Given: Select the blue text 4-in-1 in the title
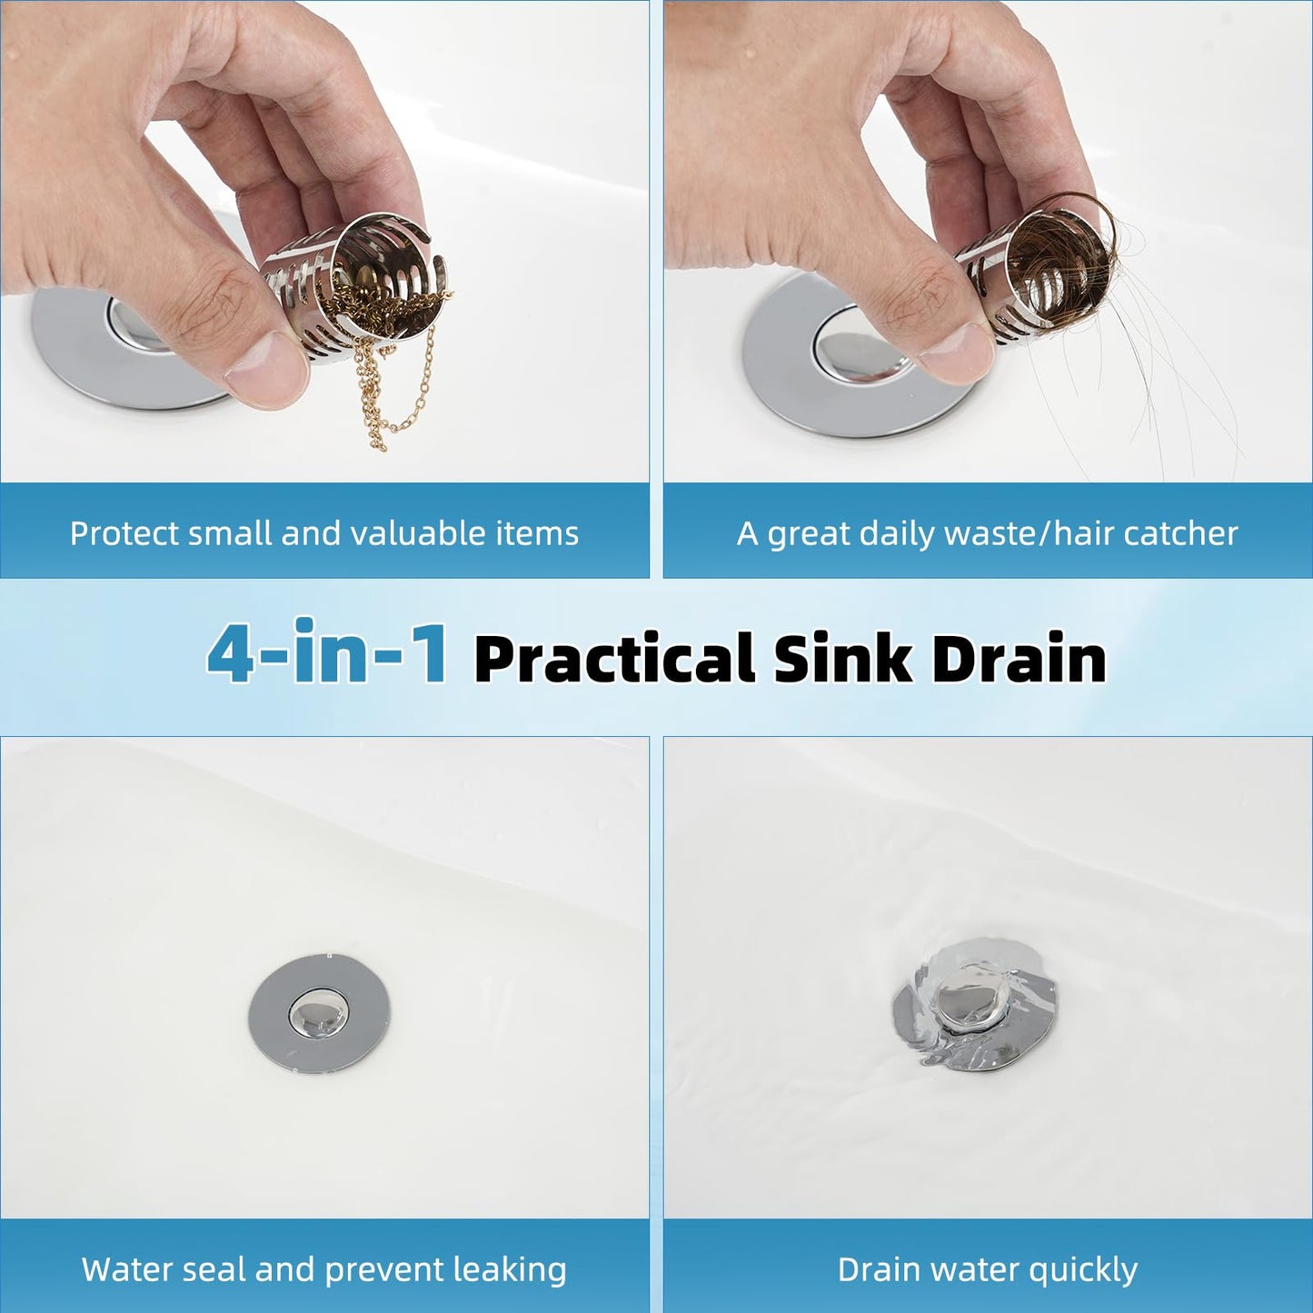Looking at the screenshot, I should pos(327,654).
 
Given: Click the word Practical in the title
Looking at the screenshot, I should pos(614,659).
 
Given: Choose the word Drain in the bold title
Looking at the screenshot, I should pos(1019,659).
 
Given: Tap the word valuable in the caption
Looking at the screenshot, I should pos(418,533).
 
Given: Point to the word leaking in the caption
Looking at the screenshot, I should pos(517,1269).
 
